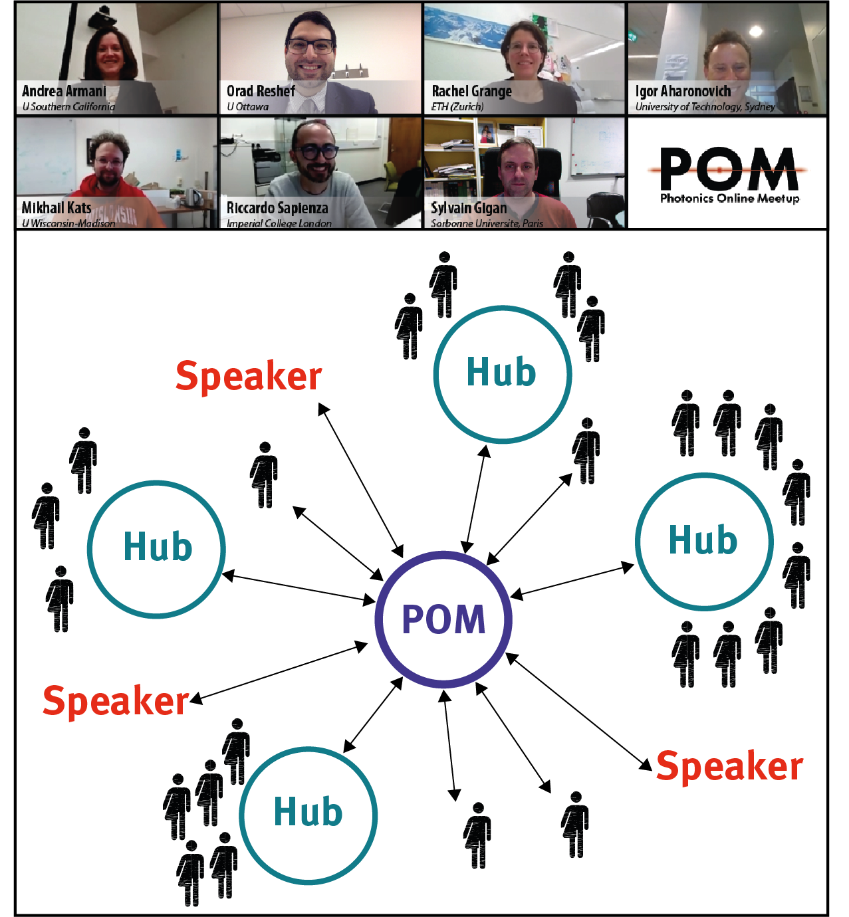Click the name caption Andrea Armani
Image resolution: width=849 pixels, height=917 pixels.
click(64, 91)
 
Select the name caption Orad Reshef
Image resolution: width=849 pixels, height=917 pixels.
click(261, 91)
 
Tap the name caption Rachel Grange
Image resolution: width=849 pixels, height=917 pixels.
click(471, 91)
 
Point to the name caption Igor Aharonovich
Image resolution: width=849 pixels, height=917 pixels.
click(683, 91)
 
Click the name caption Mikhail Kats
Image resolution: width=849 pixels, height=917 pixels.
click(57, 207)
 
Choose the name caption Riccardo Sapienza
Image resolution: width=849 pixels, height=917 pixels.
click(277, 208)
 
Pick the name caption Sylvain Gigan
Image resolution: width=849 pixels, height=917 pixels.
click(469, 208)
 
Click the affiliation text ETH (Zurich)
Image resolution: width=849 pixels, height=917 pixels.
click(457, 106)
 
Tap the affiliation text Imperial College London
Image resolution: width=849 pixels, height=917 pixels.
click(279, 223)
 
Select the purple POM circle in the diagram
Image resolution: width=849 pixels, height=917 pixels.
click(443, 619)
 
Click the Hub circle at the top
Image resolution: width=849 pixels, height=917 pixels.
click(502, 373)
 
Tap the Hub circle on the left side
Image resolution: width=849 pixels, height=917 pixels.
click(157, 549)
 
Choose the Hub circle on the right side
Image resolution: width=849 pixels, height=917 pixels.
click(703, 541)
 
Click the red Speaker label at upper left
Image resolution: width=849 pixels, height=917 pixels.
click(249, 376)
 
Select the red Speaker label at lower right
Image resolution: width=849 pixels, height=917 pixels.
click(729, 766)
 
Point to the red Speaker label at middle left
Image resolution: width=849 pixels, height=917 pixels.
click(116, 701)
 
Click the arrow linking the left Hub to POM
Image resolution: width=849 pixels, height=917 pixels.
click(299, 587)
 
